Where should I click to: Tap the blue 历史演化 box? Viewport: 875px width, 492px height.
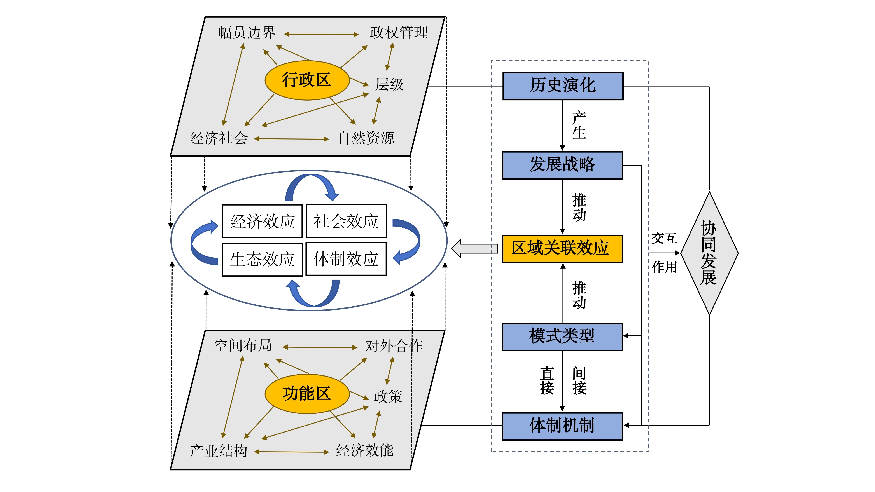tap(563, 86)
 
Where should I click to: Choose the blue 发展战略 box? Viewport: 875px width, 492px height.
tap(562, 165)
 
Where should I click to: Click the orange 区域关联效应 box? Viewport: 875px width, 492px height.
tap(562, 249)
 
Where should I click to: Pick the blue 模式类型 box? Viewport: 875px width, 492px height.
tap(562, 337)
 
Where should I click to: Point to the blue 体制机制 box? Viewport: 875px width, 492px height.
tap(562, 426)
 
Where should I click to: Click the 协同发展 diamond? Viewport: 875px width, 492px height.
tap(709, 253)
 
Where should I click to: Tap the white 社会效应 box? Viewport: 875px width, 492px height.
tap(346, 221)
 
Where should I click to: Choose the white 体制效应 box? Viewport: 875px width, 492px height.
tap(346, 259)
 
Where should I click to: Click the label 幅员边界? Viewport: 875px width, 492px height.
tap(247, 33)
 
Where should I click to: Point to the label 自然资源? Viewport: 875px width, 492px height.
tap(366, 138)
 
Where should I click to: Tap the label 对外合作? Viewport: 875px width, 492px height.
tap(394, 346)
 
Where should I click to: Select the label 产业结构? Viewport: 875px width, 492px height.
tap(218, 451)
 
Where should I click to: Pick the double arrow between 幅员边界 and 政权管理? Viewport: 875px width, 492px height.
tap(321, 34)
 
